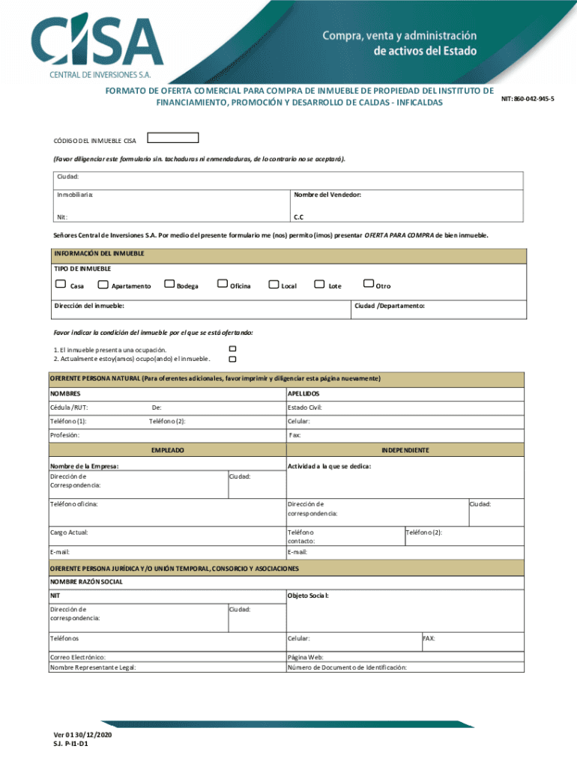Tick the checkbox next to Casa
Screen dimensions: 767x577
pos(60,284)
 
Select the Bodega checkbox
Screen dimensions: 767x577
pos(169,284)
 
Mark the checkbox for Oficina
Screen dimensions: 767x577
pos(222,284)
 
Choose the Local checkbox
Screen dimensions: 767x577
pos(274,284)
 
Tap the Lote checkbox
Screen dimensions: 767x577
pos(321,284)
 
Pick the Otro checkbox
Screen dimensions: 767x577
pos(368,284)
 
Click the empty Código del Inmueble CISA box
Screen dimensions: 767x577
pos(173,138)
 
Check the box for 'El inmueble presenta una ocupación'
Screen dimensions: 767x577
pos(232,349)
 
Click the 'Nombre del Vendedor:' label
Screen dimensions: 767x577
pos(327,195)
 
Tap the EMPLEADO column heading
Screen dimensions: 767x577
pos(168,450)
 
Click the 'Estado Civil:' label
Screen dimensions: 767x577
pos(305,408)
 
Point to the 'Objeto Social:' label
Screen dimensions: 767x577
pos(308,595)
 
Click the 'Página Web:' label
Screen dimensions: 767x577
pos(306,657)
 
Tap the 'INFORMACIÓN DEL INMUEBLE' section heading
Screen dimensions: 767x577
pos(98,253)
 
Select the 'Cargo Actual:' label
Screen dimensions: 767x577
pos(69,532)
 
